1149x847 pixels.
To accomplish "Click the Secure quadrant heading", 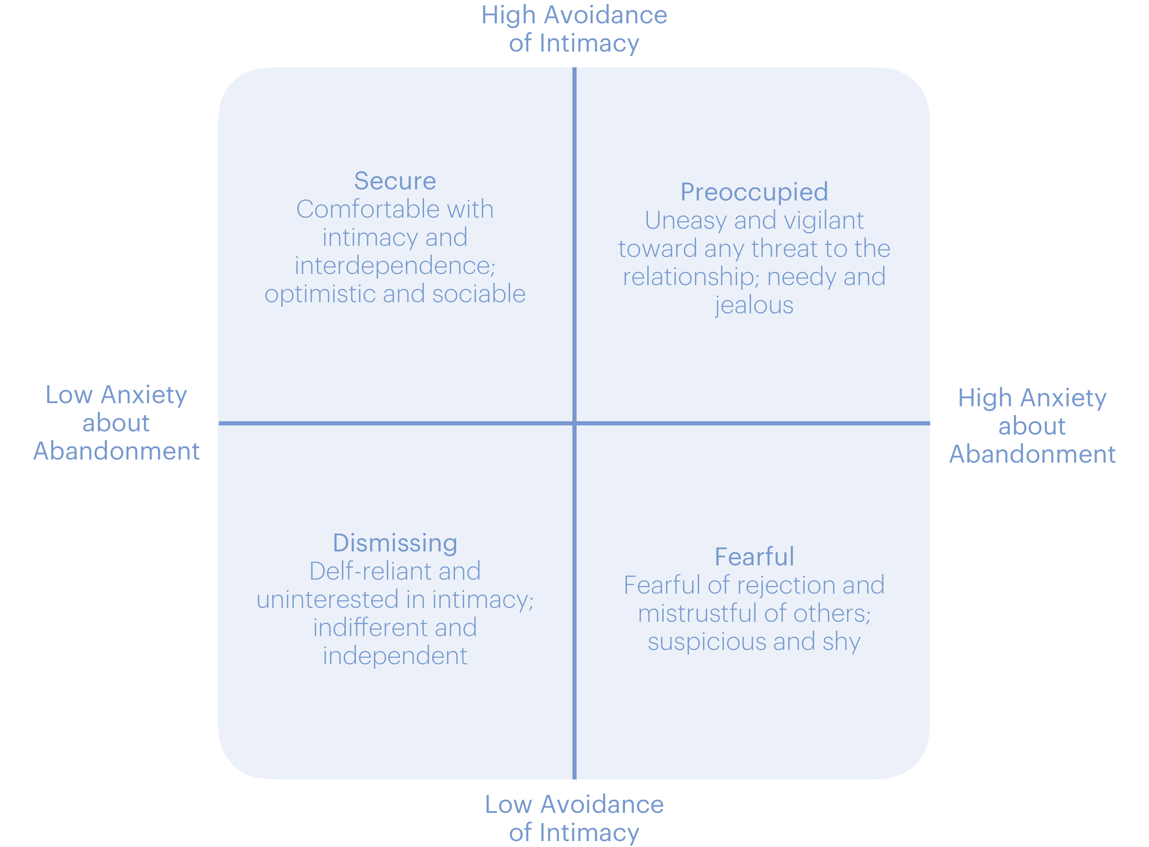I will point(395,181).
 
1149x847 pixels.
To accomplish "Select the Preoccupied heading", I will point(754,192).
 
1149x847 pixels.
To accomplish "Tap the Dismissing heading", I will point(395,543).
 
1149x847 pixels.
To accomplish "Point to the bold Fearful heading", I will point(754,557).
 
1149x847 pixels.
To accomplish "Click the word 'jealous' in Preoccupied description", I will point(754,306).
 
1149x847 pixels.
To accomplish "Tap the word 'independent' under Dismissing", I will point(395,656).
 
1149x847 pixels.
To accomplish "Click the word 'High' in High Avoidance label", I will point(508,15).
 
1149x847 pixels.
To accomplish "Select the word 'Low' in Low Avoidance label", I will point(508,805).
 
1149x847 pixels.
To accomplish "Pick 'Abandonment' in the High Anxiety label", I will point(1032,454).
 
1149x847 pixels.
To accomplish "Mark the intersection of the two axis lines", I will point(574,423).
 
